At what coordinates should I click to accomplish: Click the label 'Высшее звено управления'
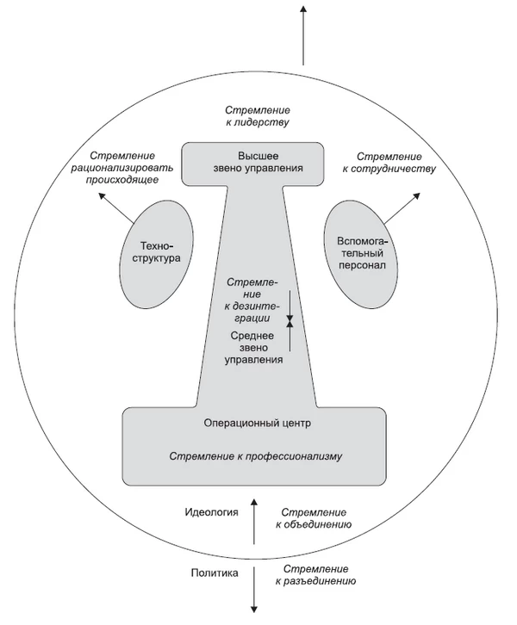pos(258,162)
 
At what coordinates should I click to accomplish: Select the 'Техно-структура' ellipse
pos(156,255)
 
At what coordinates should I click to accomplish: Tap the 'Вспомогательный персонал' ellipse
pos(361,254)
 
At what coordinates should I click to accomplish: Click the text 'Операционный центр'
pos(258,423)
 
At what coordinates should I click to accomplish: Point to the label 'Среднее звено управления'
pos(253,348)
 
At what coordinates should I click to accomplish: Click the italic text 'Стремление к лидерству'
pos(258,116)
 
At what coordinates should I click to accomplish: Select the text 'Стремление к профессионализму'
pos(256,456)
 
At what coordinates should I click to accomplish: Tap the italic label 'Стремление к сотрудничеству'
pos(389,163)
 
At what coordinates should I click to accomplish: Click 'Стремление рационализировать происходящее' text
pos(122,168)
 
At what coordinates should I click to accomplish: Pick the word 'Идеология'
pos(211,512)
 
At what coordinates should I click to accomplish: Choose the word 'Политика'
pos(215,573)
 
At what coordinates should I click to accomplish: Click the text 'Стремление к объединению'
pos(314,518)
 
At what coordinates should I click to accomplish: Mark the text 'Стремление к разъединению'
pos(315,575)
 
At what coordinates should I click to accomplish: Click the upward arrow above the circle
pos(303,35)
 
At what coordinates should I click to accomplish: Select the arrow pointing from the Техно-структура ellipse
pos(116,207)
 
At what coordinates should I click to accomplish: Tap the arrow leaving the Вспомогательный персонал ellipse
pos(402,207)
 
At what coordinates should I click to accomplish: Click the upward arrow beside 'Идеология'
pos(253,521)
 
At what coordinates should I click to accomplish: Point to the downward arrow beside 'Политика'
pos(253,590)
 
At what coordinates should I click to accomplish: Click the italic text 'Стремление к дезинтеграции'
pos(253,300)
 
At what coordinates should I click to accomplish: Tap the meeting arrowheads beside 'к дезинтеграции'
pos(290,321)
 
